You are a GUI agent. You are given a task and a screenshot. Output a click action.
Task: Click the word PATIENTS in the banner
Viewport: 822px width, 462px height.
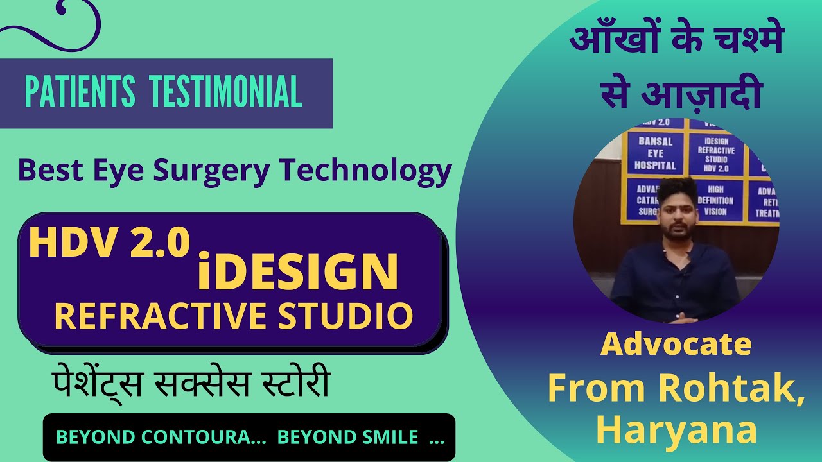coord(80,92)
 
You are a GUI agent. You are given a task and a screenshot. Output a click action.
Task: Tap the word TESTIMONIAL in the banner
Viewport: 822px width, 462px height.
coord(226,92)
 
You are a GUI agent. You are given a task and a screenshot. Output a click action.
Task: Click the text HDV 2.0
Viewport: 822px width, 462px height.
coord(109,244)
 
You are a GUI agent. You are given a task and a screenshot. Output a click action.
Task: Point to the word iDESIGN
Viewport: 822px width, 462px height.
coord(297,271)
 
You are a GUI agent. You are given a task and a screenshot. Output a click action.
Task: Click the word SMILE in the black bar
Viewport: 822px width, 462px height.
coord(385,438)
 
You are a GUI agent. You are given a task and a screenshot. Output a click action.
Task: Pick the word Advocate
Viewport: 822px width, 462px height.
coord(676,345)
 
